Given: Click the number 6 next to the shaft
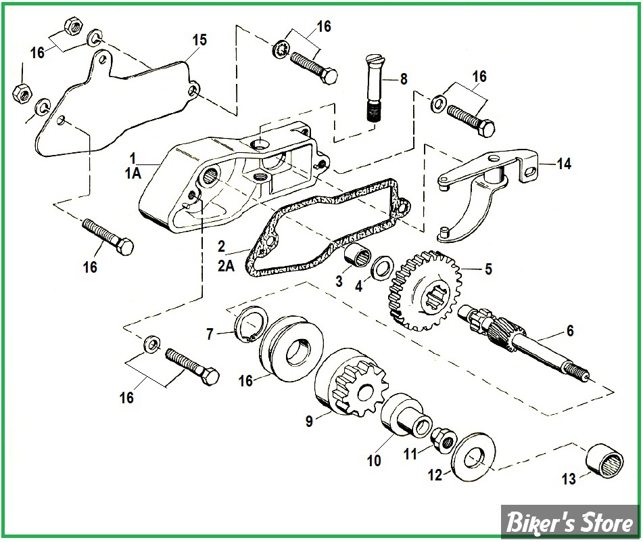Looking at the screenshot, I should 570,331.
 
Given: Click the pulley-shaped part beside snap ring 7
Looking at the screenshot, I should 289,353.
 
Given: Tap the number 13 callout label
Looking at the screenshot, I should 569,479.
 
